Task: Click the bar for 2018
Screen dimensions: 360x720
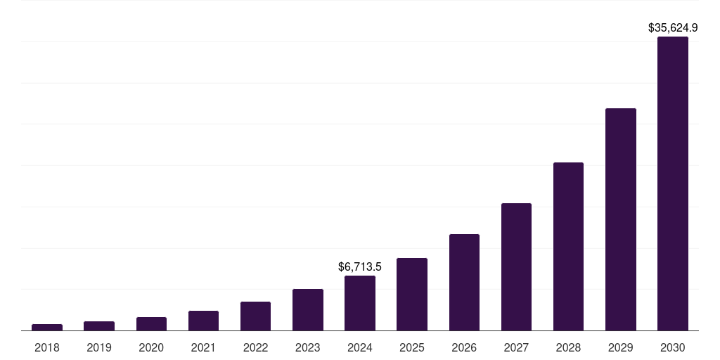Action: click(47, 327)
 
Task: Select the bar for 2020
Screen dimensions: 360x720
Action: click(151, 323)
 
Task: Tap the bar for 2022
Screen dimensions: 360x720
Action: click(255, 316)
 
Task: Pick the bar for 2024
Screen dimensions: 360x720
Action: click(360, 303)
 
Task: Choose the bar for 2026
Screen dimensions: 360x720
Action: click(464, 282)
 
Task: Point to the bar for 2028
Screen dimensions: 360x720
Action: click(568, 246)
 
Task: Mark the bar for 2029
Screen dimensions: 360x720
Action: click(621, 219)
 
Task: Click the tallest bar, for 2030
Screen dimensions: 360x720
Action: click(673, 184)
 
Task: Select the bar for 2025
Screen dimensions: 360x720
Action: click(412, 294)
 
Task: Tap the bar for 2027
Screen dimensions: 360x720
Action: click(516, 266)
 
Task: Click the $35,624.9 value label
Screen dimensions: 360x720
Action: click(673, 28)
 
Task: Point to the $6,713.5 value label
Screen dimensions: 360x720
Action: click(360, 267)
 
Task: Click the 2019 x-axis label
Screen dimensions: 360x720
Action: click(99, 347)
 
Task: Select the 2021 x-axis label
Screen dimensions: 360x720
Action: click(203, 347)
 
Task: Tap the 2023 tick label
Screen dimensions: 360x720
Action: click(308, 347)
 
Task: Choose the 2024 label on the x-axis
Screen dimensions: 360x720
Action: click(360, 347)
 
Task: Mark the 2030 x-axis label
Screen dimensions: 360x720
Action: click(673, 347)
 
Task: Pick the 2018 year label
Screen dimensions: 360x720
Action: click(47, 347)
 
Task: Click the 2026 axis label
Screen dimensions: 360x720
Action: click(464, 347)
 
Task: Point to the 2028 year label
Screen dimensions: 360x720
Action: click(568, 347)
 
